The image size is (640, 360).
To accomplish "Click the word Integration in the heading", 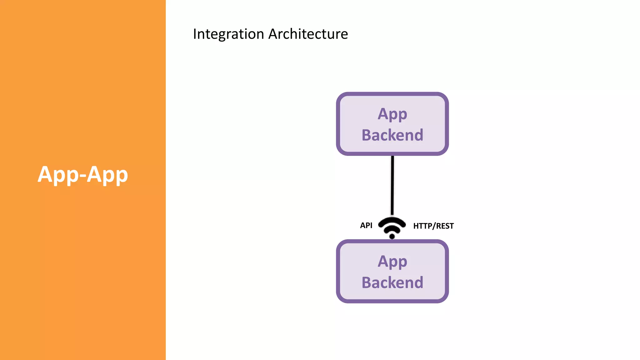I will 228,34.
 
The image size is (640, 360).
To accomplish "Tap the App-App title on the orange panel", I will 83,174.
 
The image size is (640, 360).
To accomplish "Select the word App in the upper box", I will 392,114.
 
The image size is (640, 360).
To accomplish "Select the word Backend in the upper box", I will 392,135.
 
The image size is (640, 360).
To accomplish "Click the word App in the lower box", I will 392,262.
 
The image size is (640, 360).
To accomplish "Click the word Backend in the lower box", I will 392,282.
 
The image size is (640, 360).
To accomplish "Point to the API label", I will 366,225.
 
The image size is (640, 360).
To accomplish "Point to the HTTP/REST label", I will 433,226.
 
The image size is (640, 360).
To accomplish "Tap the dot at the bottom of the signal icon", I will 392,236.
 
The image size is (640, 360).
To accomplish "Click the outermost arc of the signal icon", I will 392,219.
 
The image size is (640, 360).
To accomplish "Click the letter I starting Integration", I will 195,34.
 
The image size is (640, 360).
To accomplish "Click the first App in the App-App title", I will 58,174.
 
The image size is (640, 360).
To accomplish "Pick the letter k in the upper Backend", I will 400,135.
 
